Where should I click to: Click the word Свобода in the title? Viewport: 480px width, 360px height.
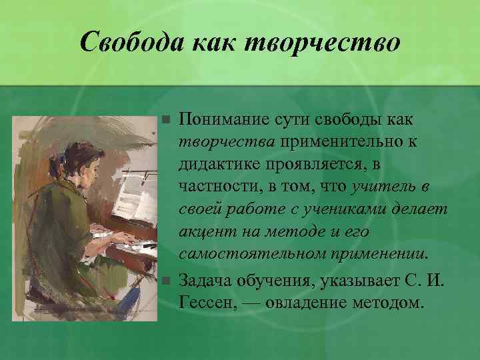[131, 43]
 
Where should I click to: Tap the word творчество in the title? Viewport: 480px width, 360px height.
[323, 43]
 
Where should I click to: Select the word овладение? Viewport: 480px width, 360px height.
[310, 301]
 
